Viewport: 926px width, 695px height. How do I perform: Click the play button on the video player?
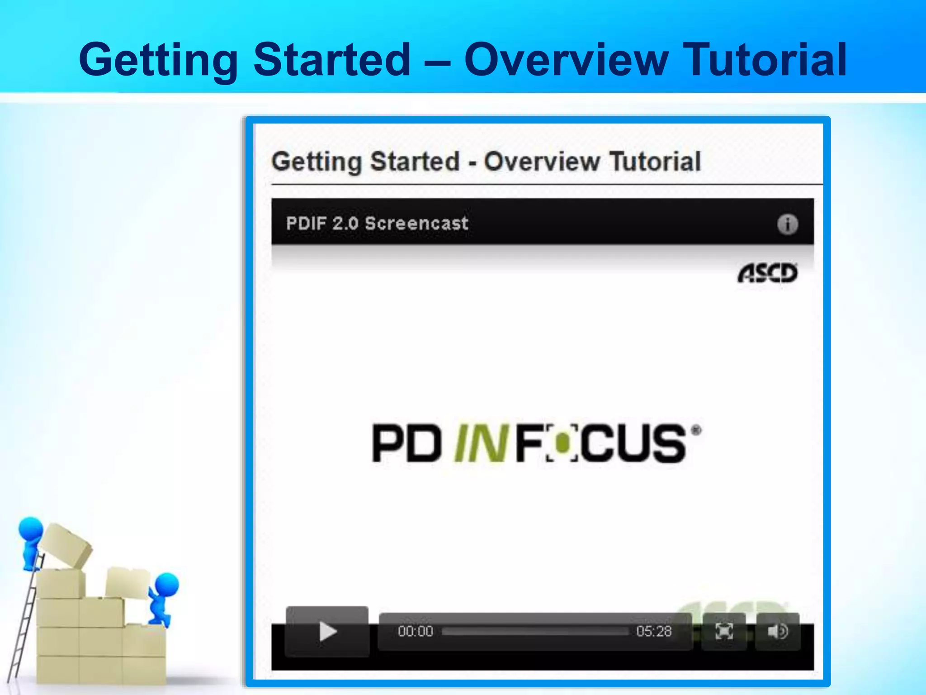click(x=327, y=631)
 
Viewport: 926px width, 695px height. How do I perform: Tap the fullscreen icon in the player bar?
click(x=724, y=631)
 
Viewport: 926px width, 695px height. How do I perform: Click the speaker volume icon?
click(x=778, y=631)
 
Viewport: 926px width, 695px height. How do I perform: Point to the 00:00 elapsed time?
click(x=416, y=631)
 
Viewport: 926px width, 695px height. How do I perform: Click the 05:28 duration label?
click(x=654, y=631)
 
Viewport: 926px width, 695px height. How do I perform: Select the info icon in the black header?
click(x=787, y=224)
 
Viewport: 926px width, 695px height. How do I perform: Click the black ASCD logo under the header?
click(x=767, y=273)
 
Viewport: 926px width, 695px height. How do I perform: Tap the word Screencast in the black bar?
click(x=416, y=224)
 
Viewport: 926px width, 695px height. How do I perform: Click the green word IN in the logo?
click(x=480, y=443)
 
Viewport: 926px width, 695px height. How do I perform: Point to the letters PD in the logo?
click(x=406, y=443)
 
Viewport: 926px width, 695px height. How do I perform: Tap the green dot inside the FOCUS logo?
click(x=562, y=444)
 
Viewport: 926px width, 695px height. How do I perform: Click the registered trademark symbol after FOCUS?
click(x=696, y=430)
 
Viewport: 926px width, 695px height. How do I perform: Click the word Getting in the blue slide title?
click(x=158, y=60)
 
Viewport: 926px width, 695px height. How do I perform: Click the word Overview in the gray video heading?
click(x=542, y=162)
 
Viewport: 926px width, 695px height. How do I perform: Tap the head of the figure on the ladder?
click(x=31, y=529)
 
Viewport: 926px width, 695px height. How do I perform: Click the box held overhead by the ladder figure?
click(x=66, y=545)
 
